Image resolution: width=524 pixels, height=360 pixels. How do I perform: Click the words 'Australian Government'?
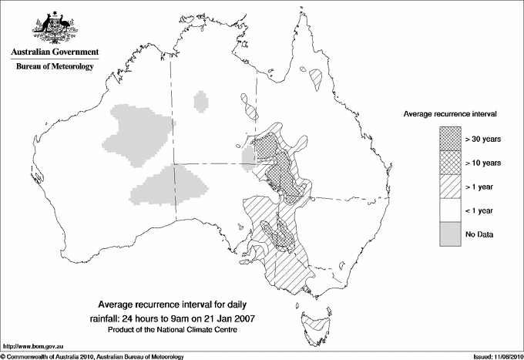pyautogui.click(x=54, y=52)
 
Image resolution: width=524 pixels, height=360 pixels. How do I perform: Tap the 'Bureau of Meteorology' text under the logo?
pyautogui.click(x=54, y=67)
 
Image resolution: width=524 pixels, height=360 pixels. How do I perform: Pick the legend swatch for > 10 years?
pyautogui.click(x=450, y=162)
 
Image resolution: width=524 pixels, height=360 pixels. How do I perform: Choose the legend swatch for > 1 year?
pyautogui.click(x=450, y=186)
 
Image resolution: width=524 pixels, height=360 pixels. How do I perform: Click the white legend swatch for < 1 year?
pyautogui.click(x=450, y=210)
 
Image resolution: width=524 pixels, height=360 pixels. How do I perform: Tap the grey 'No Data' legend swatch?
pyautogui.click(x=450, y=234)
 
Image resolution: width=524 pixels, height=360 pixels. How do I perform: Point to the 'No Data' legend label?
pyautogui.click(x=479, y=234)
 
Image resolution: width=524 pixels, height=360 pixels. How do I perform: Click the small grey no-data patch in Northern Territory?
pyautogui.click(x=202, y=101)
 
